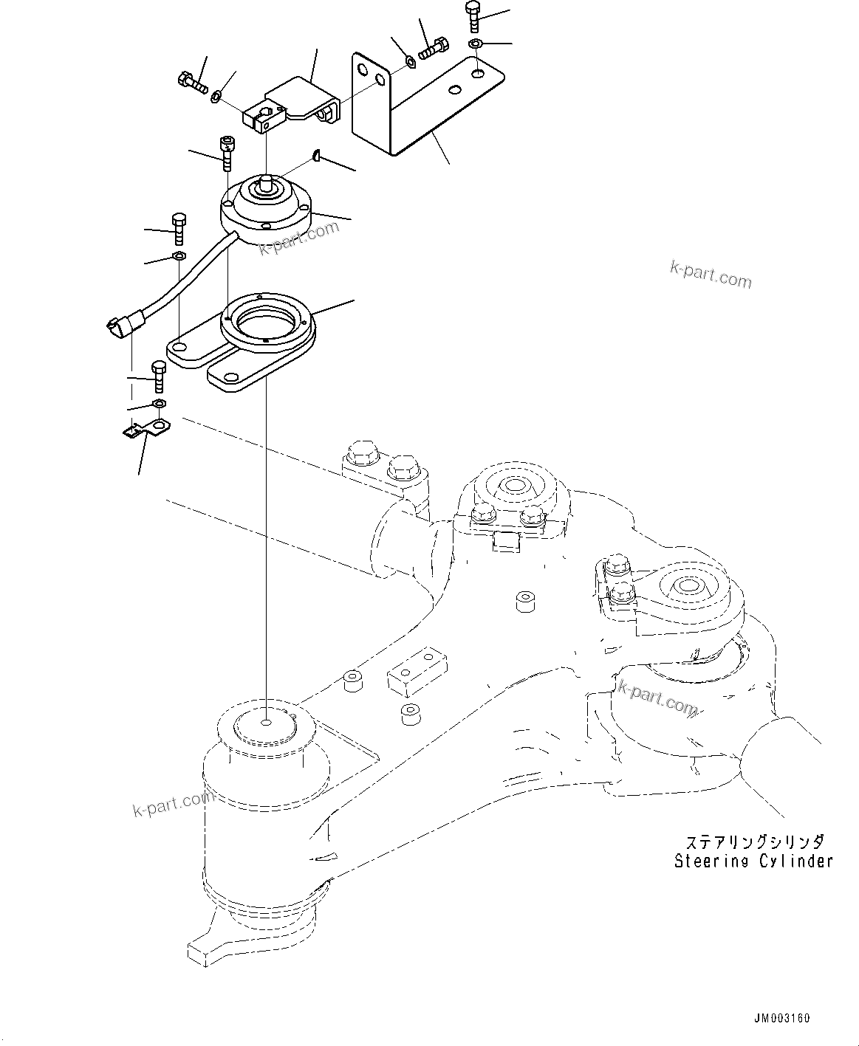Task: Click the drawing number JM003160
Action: [782, 1019]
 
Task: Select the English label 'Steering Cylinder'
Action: [753, 861]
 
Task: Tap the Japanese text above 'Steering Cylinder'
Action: [753, 842]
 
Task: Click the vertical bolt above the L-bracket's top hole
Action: [474, 16]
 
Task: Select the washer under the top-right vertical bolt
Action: [476, 44]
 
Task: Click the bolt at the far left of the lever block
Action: [191, 82]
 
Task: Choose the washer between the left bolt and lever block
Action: [216, 96]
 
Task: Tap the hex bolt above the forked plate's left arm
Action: [177, 228]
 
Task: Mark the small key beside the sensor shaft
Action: [316, 154]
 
